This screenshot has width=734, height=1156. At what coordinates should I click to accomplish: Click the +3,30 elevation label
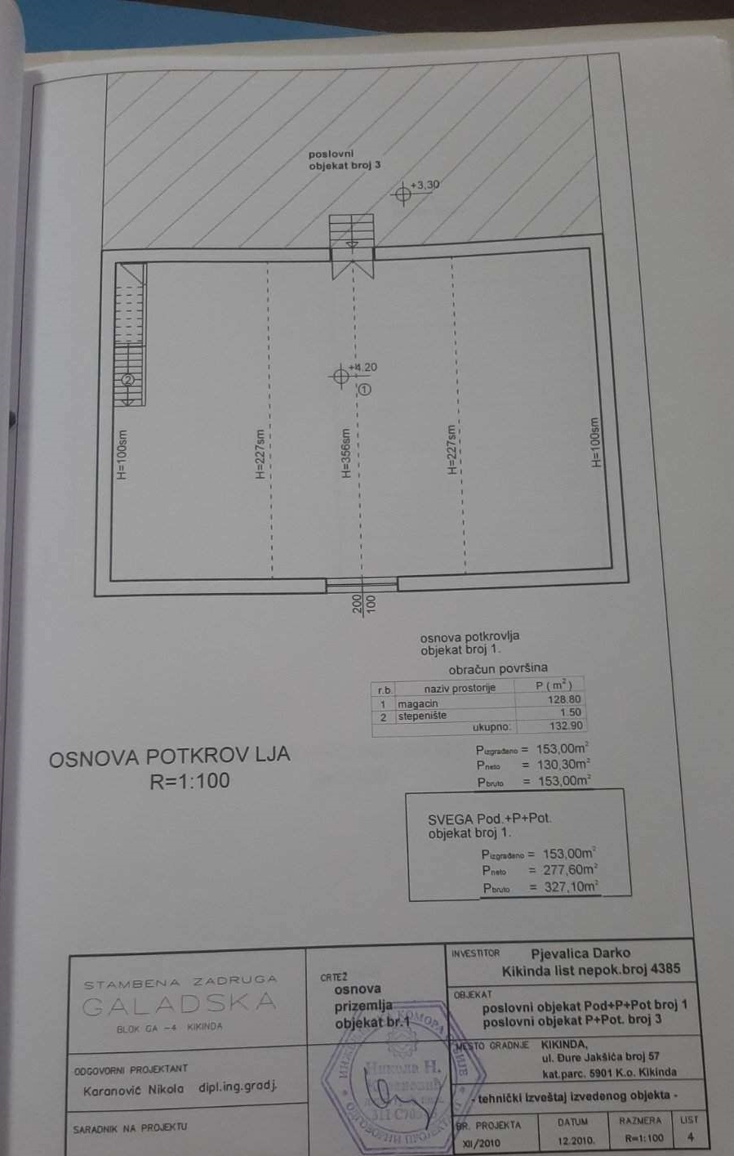(425, 185)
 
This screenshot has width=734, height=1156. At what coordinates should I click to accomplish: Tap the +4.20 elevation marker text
(363, 368)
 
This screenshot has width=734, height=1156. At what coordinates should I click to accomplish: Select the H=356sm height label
(346, 454)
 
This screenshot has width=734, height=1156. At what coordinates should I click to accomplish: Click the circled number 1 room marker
(364, 390)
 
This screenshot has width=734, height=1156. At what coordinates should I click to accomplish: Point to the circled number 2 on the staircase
(127, 380)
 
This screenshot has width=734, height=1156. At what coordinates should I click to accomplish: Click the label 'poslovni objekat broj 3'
(344, 159)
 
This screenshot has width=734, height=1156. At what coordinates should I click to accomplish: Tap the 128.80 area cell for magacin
(564, 700)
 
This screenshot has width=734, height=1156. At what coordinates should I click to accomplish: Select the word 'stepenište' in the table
(422, 716)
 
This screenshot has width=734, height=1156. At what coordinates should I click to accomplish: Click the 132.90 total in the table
(566, 725)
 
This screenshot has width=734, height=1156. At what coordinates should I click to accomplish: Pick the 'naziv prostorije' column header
(460, 688)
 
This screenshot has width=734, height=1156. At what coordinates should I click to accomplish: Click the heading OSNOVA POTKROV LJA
(170, 756)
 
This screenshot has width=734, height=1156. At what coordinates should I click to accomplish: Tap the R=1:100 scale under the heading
(189, 781)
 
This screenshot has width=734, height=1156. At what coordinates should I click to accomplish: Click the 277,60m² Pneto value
(570, 870)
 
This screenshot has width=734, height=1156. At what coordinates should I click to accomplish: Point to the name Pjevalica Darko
(580, 953)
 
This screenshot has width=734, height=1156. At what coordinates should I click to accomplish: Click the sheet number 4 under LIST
(691, 1136)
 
